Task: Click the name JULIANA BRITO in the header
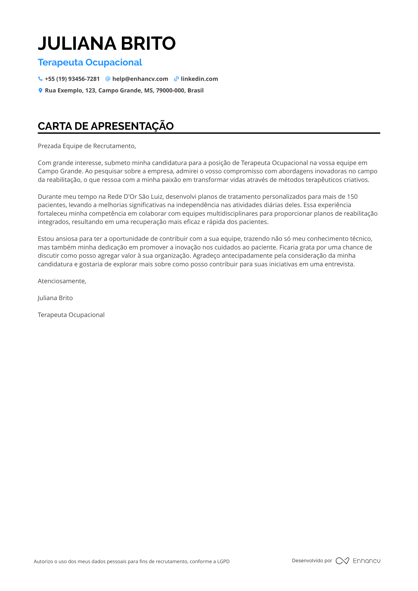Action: tap(107, 43)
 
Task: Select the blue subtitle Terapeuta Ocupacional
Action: tap(90, 63)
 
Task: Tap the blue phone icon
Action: tap(40, 79)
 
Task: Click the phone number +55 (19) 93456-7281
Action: tap(72, 79)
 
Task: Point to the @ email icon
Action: tap(108, 79)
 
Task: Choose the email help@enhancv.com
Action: tap(140, 79)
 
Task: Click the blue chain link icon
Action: tap(176, 79)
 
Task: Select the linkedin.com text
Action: tap(199, 79)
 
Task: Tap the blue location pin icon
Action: tap(40, 90)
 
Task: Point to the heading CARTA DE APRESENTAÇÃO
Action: tap(106, 126)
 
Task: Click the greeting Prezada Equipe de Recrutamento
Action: tap(87, 146)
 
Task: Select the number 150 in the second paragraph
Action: tap(352, 197)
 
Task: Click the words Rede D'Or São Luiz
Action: tap(135, 197)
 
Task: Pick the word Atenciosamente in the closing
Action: tap(62, 281)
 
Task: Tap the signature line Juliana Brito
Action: tap(55, 298)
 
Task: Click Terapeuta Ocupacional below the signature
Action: tap(71, 315)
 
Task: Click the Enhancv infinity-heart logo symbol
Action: tap(342, 561)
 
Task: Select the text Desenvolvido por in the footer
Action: tap(312, 560)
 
